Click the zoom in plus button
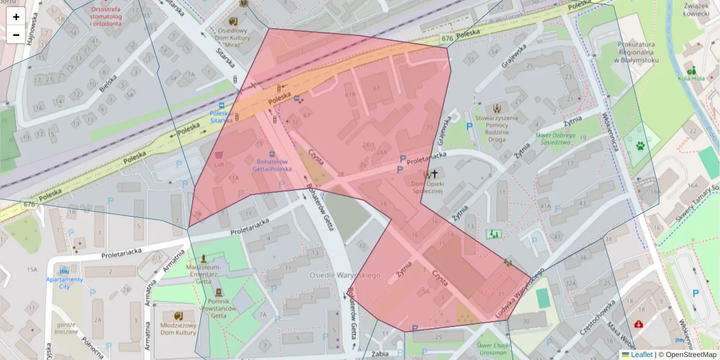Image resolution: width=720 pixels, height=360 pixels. (x=16, y=17)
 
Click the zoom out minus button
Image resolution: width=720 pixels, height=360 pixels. (x=16, y=35)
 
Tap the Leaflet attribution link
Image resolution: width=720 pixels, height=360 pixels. (x=641, y=355)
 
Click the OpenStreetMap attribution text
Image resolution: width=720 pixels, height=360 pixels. (x=687, y=355)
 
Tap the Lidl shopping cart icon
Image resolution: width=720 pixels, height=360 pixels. (x=219, y=155)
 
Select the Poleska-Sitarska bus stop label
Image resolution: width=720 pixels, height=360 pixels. (x=221, y=116)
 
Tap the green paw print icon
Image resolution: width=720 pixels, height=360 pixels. (x=641, y=145)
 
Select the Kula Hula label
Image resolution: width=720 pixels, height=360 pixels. (x=691, y=78)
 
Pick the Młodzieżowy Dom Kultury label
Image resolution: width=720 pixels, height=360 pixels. (x=178, y=328)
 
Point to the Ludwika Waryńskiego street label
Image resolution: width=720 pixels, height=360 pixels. (x=519, y=293)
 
